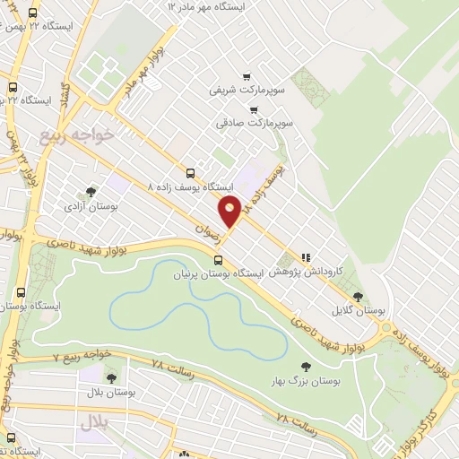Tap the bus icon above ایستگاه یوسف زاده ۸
tap(189, 173)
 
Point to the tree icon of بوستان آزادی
tap(90, 192)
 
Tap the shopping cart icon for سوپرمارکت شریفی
tap(246, 77)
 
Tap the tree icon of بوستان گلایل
tap(358, 296)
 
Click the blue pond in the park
tap(179, 305)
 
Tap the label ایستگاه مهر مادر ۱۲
tap(212, 7)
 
